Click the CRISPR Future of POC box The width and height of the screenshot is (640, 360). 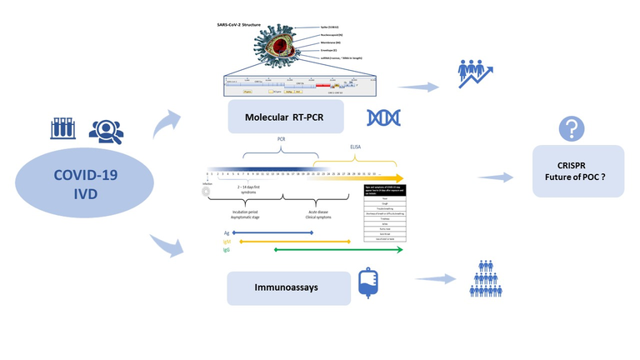[578, 171]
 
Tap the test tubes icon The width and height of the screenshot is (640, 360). [65, 129]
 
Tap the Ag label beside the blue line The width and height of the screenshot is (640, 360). [226, 233]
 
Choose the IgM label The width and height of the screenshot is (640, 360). [227, 242]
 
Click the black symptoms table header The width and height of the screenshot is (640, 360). [385, 191]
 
